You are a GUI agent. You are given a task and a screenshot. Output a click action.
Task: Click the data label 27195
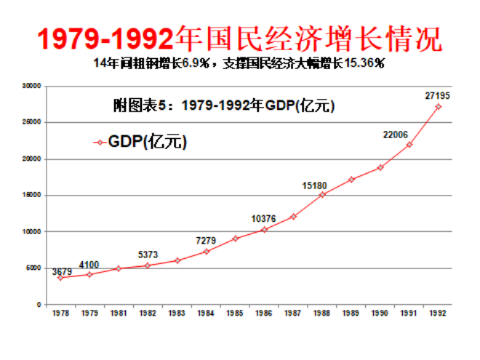click(438, 95)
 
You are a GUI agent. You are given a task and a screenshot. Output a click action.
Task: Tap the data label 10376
click(263, 218)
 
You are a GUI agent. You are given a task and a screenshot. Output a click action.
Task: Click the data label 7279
click(207, 241)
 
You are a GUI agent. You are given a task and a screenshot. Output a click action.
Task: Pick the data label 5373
click(149, 255)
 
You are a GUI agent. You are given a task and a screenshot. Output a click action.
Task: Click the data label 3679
click(61, 271)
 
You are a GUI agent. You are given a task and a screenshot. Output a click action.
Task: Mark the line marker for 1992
click(439, 107)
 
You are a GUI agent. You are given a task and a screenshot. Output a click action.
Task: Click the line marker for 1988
click(322, 195)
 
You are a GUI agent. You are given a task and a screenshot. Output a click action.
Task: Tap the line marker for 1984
click(207, 252)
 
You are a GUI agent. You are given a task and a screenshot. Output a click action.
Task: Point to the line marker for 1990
click(380, 167)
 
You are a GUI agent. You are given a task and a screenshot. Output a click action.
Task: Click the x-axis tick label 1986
click(264, 313)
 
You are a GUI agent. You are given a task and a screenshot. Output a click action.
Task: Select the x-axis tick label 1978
click(60, 313)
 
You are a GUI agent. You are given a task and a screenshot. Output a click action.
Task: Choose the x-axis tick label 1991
click(409, 313)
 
